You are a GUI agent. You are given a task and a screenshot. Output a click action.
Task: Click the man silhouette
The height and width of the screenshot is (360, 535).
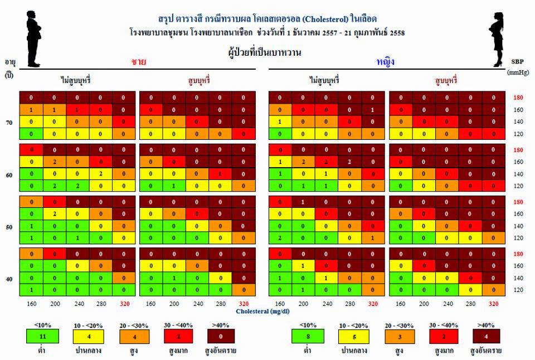pyautogui.click(x=33, y=39)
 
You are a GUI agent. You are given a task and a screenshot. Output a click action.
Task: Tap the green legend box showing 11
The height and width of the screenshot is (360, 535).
pyautogui.click(x=43, y=337)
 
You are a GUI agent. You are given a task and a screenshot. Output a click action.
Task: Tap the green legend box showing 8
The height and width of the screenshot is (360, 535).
pyautogui.click(x=308, y=337)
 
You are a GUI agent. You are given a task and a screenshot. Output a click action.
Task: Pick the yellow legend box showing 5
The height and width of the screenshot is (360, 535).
pyautogui.click(x=354, y=337)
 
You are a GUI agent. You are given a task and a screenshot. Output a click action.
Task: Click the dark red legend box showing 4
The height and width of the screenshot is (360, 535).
pyautogui.click(x=486, y=337)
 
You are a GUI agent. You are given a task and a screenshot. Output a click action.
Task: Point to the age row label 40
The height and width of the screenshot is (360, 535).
pyautogui.click(x=9, y=279)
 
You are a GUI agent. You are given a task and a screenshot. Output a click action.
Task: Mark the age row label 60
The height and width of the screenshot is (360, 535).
pyautogui.click(x=9, y=175)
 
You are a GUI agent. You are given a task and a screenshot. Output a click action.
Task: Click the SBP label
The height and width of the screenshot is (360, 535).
pyautogui.click(x=517, y=62)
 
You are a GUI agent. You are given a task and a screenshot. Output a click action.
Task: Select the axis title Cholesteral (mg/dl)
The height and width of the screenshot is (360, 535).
pyautogui.click(x=262, y=312)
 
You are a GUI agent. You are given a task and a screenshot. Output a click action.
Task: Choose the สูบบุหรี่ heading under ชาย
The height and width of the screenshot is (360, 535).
pyautogui.click(x=198, y=80)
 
